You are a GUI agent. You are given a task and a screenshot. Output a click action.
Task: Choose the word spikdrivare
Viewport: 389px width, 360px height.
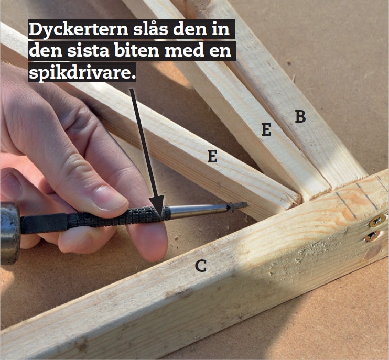click(x=83, y=72)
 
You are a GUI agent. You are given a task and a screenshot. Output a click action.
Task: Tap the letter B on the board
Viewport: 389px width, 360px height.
click(x=300, y=116)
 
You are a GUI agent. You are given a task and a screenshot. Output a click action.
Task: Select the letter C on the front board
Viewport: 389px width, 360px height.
click(x=200, y=266)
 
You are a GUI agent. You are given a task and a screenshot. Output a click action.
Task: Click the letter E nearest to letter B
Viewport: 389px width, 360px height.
click(x=266, y=129)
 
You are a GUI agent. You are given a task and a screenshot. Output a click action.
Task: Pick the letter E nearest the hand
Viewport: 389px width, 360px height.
click(x=212, y=156)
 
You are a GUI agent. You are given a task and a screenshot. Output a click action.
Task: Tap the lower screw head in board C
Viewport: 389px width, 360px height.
click(x=371, y=236)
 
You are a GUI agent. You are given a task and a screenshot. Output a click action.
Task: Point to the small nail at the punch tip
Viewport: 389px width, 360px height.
click(x=239, y=206)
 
